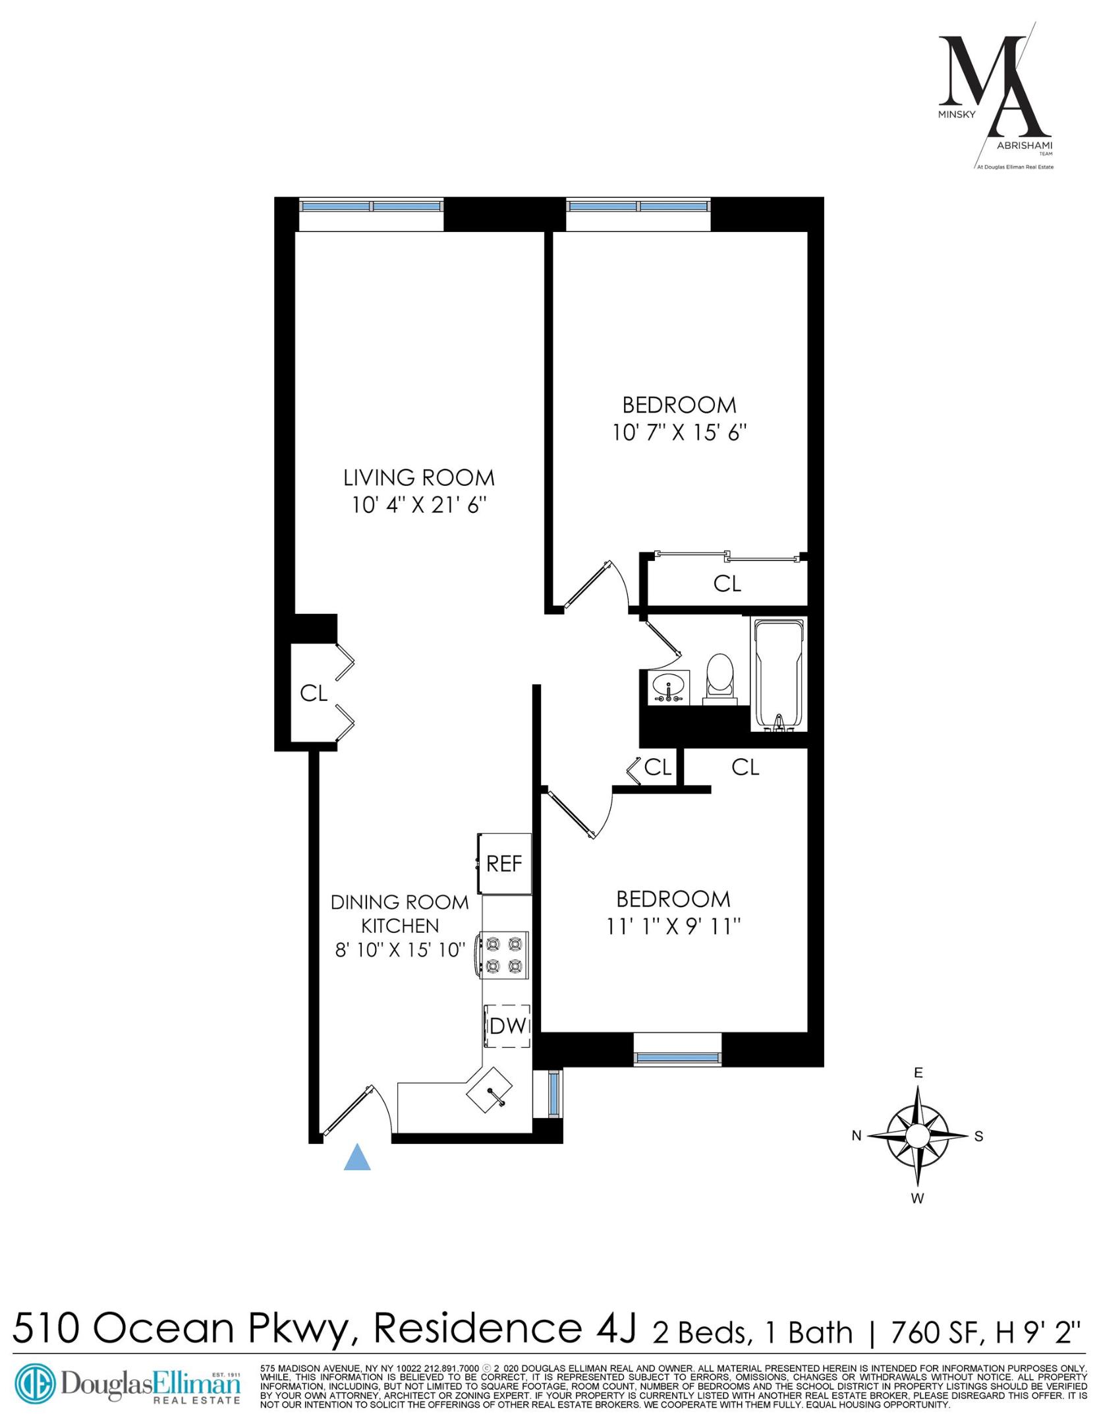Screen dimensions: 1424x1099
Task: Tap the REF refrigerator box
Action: pos(505,864)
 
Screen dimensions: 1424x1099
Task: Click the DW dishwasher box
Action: pos(508,1026)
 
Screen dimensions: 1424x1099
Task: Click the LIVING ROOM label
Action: pos(419,477)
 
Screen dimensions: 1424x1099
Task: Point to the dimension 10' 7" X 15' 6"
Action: pos(680,433)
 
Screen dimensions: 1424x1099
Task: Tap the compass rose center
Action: pos(917,1136)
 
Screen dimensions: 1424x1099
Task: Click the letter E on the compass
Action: pos(918,1073)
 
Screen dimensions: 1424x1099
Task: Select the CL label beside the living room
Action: pos(314,693)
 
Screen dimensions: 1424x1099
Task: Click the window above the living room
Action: pos(372,206)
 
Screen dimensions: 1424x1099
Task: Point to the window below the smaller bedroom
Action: pos(677,1059)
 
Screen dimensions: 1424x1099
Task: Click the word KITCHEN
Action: pos(400,926)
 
